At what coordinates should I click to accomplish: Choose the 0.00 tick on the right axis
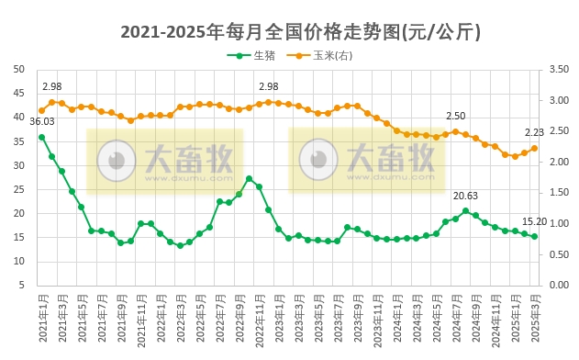click(559, 286)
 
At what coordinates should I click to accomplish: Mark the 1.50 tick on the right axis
click(559, 193)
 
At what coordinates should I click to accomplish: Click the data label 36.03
click(42, 121)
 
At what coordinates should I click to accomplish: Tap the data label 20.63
click(466, 196)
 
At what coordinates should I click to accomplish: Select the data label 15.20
click(534, 221)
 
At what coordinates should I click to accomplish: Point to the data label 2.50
click(456, 116)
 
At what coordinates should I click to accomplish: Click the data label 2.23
click(535, 132)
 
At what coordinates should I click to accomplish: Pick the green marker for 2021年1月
click(41, 137)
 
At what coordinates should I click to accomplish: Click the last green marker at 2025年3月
click(534, 237)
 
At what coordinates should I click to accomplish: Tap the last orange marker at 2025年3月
click(534, 148)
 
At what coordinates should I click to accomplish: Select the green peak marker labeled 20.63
click(466, 211)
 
